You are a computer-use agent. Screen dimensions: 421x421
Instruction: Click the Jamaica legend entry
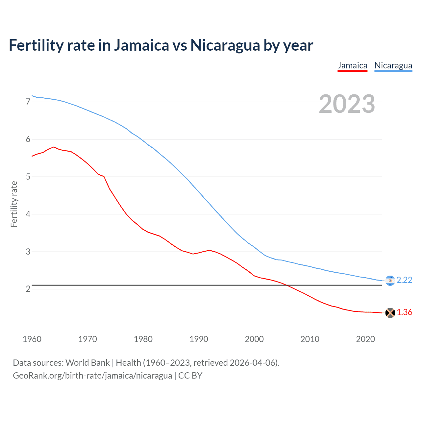click(352, 65)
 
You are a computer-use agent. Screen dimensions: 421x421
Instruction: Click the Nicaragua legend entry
click(393, 65)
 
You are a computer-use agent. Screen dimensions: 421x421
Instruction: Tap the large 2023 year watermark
click(347, 104)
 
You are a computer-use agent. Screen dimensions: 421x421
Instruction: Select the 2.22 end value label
click(404, 280)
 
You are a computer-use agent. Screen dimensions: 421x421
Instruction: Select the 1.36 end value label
click(404, 312)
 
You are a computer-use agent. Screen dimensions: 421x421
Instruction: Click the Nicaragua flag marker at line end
click(390, 281)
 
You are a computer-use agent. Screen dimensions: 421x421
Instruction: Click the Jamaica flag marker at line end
click(390, 313)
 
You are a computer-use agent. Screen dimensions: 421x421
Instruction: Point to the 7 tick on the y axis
click(28, 102)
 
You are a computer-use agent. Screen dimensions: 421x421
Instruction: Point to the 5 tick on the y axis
click(28, 177)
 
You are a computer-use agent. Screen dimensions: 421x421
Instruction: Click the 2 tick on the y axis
click(28, 289)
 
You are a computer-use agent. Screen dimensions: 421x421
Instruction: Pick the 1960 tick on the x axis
click(32, 339)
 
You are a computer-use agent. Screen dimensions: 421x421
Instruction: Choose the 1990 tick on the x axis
click(199, 339)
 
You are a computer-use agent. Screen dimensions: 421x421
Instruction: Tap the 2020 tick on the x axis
click(365, 339)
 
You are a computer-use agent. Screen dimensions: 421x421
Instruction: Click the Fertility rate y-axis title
click(14, 204)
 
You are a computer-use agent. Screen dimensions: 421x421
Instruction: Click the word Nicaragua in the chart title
click(225, 45)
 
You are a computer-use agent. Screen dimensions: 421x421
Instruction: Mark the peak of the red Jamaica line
click(54, 147)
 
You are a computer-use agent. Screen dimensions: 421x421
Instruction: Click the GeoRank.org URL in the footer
click(92, 376)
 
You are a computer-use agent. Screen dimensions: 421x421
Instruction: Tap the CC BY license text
click(190, 376)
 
